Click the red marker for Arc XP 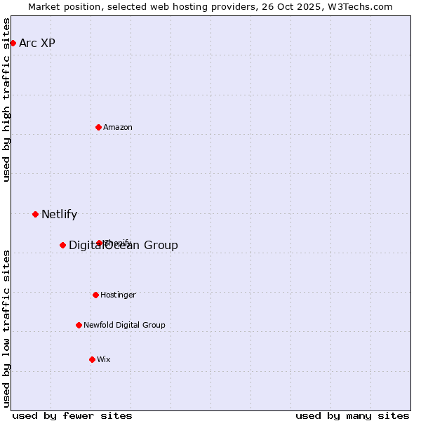[13, 43]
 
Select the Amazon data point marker [98, 127]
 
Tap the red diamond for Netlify [35, 214]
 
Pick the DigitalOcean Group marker [62, 245]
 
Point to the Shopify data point [99, 243]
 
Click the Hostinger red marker [95, 295]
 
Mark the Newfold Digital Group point [79, 325]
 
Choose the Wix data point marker [92, 359]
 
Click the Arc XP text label [37, 43]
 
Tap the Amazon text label [118, 127]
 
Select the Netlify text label [59, 214]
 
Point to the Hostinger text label [118, 295]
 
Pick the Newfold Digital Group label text [124, 325]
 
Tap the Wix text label [104, 359]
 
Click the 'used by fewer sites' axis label [72, 415]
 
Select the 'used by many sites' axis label [352, 415]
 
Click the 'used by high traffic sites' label [6, 100]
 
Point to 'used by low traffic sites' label [6, 328]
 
